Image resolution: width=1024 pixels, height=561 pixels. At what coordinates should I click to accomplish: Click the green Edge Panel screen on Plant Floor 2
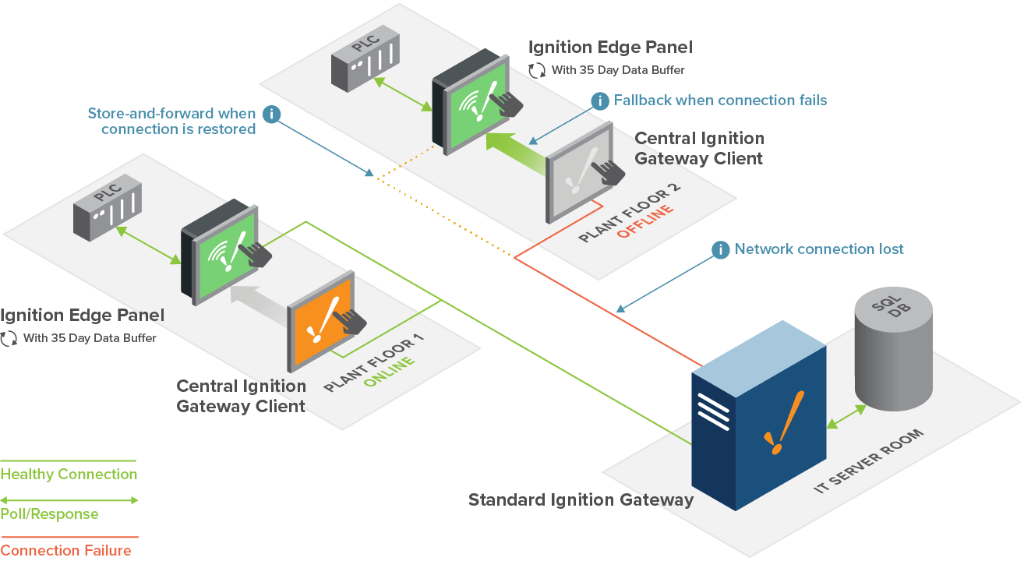(473, 105)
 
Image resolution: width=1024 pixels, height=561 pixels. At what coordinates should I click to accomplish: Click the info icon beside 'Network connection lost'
(720, 250)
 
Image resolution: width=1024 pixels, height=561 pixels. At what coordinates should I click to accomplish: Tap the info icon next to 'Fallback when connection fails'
(600, 101)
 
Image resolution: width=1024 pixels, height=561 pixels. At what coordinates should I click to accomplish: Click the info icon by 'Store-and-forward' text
(271, 114)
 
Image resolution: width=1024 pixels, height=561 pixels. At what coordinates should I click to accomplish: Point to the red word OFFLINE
(644, 222)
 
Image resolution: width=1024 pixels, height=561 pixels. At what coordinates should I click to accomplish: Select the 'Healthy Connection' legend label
(69, 474)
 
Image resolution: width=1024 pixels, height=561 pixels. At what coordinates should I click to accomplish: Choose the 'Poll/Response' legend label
(49, 513)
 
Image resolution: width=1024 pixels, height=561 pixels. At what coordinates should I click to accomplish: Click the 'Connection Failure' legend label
(66, 551)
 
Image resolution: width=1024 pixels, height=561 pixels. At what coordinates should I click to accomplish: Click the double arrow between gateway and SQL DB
(845, 416)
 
